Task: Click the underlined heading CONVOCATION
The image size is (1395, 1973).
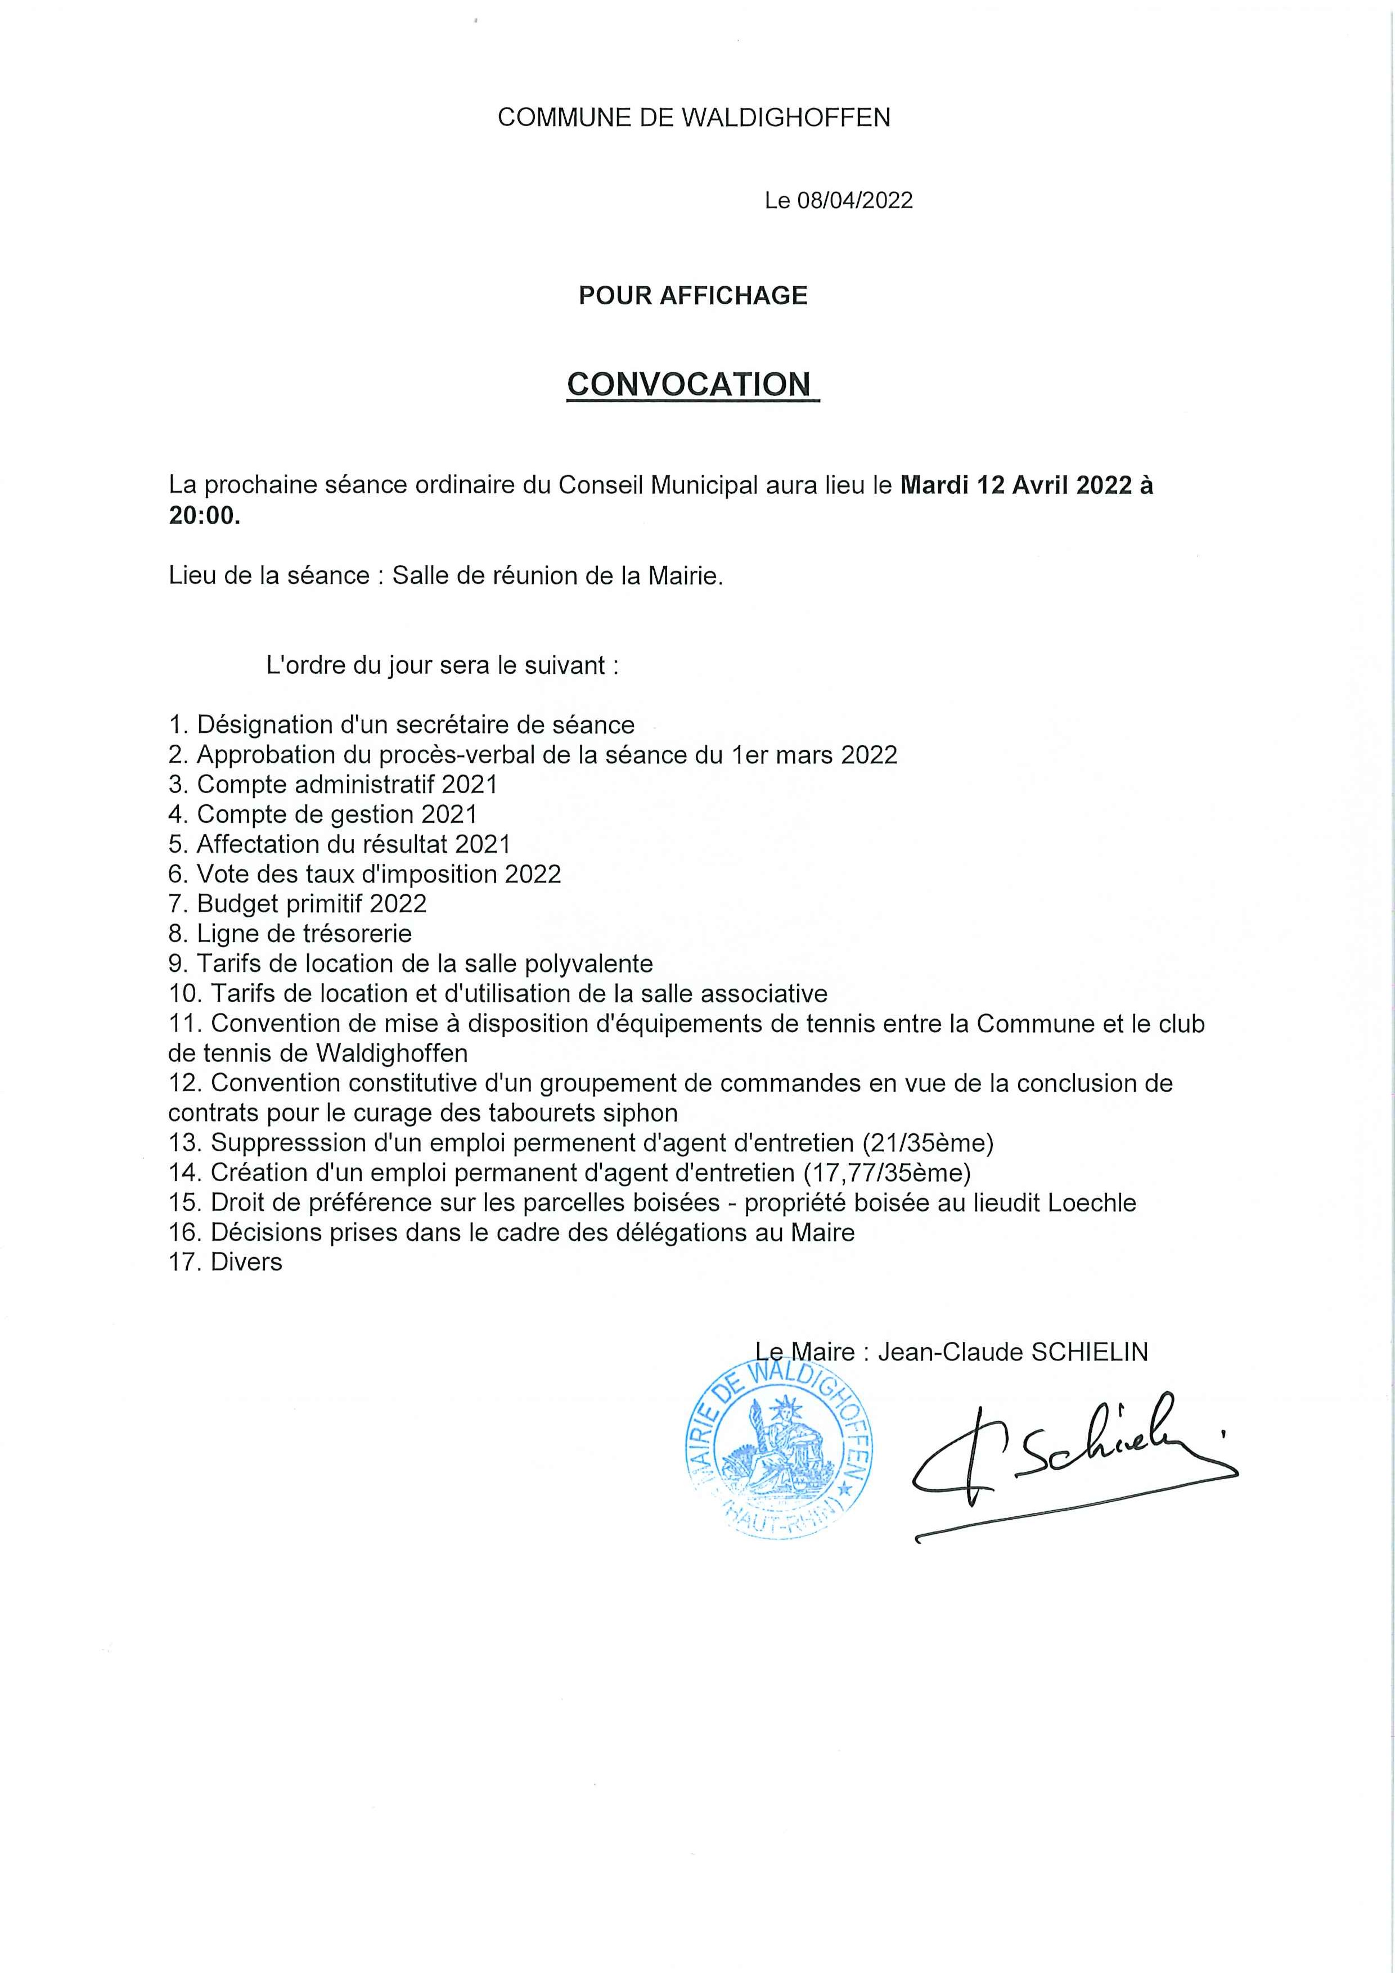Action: point(689,384)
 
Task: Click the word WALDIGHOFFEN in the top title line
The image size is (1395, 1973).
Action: point(786,118)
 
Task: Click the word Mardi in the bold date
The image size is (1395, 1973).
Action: point(935,487)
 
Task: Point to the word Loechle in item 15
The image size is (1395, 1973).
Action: point(1092,1203)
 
